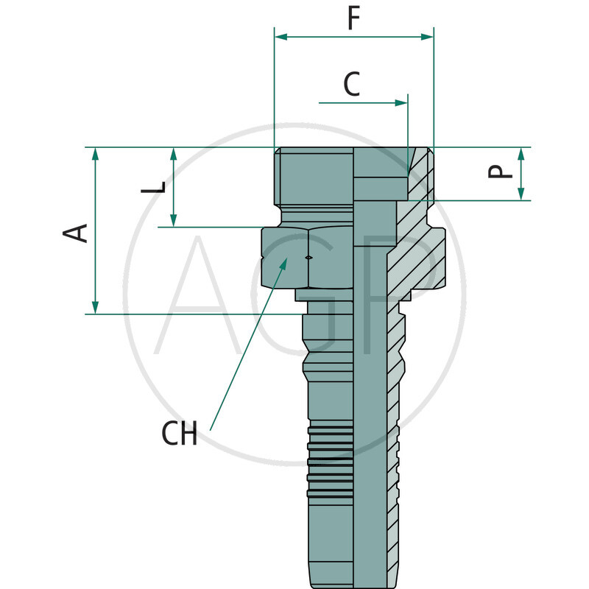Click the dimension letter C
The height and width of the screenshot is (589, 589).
352,85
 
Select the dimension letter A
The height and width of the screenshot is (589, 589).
76,232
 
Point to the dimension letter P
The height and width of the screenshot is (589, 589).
501,171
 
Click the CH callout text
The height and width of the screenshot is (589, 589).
180,434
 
